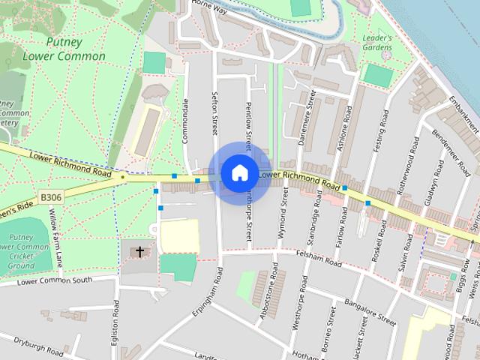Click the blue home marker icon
238,172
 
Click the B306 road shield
50,196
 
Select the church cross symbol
139,251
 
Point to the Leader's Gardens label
378,43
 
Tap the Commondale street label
185,123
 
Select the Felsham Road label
319,259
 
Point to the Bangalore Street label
370,310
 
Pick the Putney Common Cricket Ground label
21,251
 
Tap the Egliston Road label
115,328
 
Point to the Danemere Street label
306,121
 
